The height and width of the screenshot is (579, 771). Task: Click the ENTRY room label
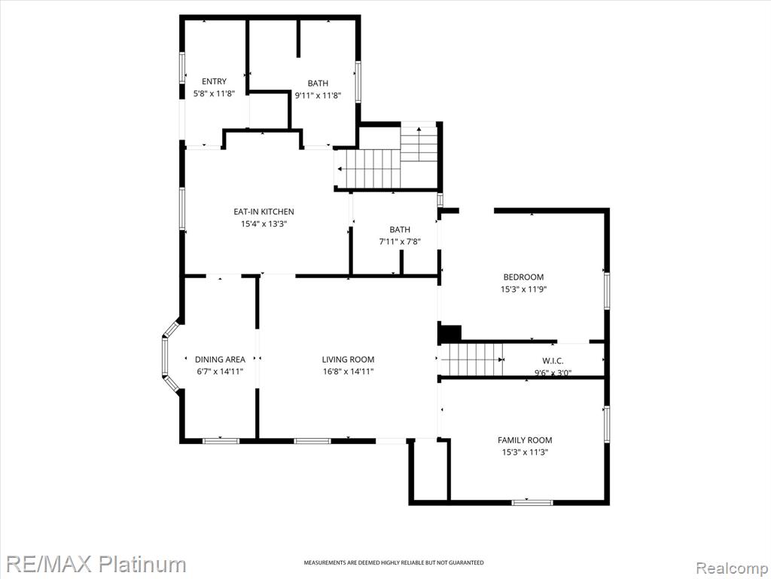[x=214, y=81]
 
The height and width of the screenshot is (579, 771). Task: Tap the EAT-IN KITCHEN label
[x=264, y=212]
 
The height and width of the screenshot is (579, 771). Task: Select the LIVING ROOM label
[x=348, y=360]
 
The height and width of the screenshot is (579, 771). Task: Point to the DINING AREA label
[x=220, y=360]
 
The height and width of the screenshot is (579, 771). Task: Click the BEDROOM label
[x=523, y=277]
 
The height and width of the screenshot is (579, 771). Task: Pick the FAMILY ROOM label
[x=525, y=440]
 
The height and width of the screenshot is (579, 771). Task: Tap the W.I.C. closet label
[x=553, y=361]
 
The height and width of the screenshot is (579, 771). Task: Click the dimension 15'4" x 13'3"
[x=264, y=224]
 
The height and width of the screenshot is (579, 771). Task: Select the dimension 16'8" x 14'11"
[x=348, y=372]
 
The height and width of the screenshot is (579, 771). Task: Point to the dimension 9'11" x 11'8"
[x=318, y=96]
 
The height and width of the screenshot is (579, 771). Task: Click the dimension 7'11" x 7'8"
[x=400, y=242]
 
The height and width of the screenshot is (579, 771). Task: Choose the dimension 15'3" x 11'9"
[x=524, y=289]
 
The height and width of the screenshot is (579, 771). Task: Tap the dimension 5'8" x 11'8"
[x=214, y=93]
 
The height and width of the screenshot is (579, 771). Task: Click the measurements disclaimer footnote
[x=393, y=562]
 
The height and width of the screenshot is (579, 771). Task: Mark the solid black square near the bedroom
[x=449, y=333]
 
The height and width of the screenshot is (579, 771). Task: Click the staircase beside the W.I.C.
[x=471, y=360]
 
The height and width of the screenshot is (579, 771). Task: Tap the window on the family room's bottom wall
[x=532, y=503]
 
